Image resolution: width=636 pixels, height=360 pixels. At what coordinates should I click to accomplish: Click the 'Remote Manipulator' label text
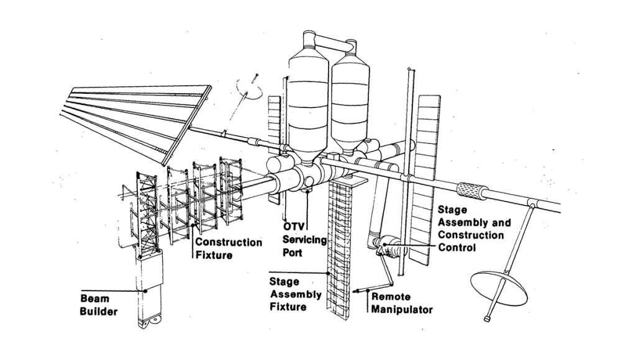[x=401, y=303]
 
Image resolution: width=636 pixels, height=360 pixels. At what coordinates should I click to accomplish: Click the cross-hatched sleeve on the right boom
[x=473, y=189]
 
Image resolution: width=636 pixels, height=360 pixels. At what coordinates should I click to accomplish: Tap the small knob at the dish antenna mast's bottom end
[x=487, y=319]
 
